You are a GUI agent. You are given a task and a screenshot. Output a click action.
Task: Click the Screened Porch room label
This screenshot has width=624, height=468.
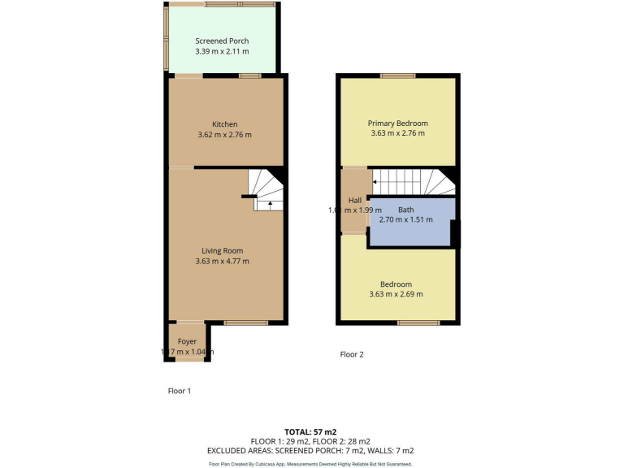[x=222, y=41]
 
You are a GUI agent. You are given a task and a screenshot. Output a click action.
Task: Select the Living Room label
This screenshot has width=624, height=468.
[x=223, y=251]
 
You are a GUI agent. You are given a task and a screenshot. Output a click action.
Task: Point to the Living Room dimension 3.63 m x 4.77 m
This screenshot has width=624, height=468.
[x=222, y=262]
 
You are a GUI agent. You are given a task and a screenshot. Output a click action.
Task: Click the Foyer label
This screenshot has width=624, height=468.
[x=187, y=341]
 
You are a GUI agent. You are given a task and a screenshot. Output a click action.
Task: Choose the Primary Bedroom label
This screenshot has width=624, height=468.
[x=397, y=123]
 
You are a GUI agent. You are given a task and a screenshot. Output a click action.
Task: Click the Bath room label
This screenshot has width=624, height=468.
[x=405, y=210]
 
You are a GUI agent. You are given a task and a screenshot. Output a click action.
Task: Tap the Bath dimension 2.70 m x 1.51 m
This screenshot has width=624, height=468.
[x=405, y=219]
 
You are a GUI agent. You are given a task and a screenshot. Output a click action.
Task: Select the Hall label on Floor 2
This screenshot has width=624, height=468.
[x=355, y=201]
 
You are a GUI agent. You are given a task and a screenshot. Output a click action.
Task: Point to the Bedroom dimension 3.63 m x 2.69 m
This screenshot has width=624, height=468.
[x=396, y=294]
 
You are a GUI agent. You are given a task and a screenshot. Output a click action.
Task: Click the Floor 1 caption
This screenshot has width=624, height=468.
[x=179, y=391]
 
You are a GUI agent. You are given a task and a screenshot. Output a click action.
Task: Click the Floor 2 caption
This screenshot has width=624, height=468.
[x=352, y=354]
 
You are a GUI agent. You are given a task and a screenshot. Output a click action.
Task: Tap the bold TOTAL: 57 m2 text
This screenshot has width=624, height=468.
[x=310, y=431]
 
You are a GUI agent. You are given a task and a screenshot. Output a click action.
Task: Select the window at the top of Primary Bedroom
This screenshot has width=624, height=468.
[x=397, y=76]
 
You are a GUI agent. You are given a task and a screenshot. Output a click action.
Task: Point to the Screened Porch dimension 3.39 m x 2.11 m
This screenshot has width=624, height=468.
[x=222, y=51]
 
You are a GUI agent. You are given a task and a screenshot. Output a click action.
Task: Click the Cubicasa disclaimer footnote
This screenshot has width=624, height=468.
[x=310, y=464]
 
